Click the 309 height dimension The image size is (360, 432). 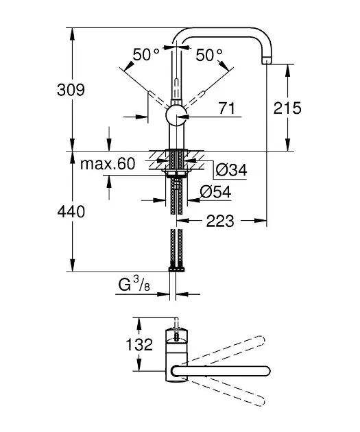[x=71, y=90]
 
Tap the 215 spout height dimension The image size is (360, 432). [x=287, y=108]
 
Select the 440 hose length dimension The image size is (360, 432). [x=71, y=212]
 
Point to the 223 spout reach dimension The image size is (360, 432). [x=220, y=221]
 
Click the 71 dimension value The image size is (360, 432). [x=227, y=108]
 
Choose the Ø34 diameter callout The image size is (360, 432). [x=231, y=170]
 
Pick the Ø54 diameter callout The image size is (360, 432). [x=216, y=191]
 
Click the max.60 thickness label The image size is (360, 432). [x=108, y=164]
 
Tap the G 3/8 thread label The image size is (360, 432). [x=134, y=284]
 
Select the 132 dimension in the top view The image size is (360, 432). [x=139, y=344]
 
